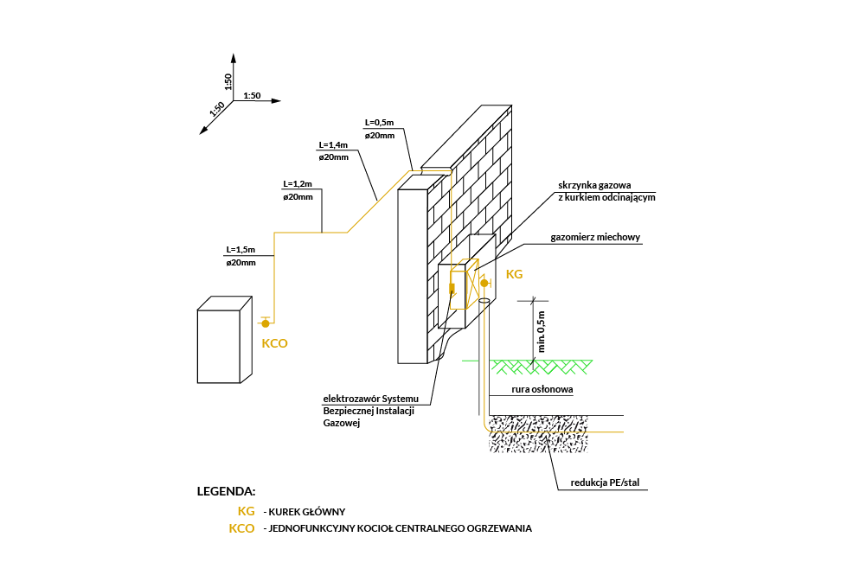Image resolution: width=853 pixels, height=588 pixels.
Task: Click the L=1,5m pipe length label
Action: click(x=241, y=250)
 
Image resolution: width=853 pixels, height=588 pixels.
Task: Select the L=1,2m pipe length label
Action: click(x=298, y=184)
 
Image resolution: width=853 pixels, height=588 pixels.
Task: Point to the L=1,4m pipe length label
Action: click(x=333, y=144)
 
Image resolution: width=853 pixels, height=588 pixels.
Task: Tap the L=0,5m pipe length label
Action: click(x=379, y=123)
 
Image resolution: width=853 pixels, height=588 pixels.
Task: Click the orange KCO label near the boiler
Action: click(x=275, y=343)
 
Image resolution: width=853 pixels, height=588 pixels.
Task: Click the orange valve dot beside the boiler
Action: click(x=266, y=323)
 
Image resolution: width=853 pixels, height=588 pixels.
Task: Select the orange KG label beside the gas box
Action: click(x=514, y=274)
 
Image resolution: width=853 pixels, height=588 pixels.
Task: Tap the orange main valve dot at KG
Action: click(x=484, y=283)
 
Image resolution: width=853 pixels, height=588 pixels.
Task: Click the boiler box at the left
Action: click(x=224, y=340)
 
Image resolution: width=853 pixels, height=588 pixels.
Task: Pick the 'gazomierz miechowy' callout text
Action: click(x=595, y=237)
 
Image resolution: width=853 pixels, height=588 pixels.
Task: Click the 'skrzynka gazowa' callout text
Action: click(x=594, y=185)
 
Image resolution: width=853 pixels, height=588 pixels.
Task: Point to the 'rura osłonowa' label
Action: click(x=542, y=389)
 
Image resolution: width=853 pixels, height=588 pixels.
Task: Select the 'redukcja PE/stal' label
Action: click(x=605, y=483)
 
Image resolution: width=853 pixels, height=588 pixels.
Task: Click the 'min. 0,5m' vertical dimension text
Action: click(x=541, y=332)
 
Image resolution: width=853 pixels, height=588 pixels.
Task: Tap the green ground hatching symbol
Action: click(x=542, y=367)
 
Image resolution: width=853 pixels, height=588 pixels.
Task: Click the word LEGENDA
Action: click(x=226, y=491)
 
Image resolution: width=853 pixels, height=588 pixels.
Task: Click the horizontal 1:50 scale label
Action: click(x=252, y=96)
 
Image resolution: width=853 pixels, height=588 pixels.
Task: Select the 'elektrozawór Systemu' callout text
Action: click(x=371, y=399)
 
